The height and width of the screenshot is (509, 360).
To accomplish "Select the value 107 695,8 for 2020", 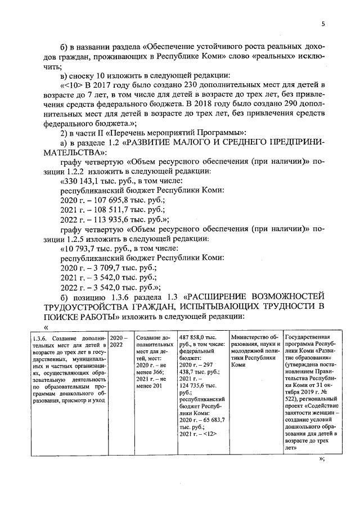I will point(105,201).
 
